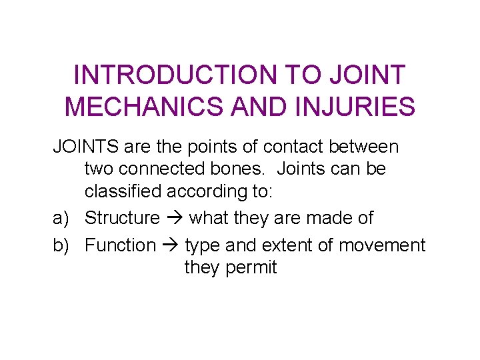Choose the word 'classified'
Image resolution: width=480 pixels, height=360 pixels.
[123, 191]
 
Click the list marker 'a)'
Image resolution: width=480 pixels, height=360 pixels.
[61, 218]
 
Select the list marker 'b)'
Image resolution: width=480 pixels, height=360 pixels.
[61, 245]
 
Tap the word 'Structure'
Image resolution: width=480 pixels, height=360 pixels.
[123, 218]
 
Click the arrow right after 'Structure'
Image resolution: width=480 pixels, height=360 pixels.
[175, 219]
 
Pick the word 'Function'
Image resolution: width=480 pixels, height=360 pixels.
[120, 245]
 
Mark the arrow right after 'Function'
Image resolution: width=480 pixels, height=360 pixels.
[170, 246]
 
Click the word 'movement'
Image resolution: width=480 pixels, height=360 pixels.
[381, 245]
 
